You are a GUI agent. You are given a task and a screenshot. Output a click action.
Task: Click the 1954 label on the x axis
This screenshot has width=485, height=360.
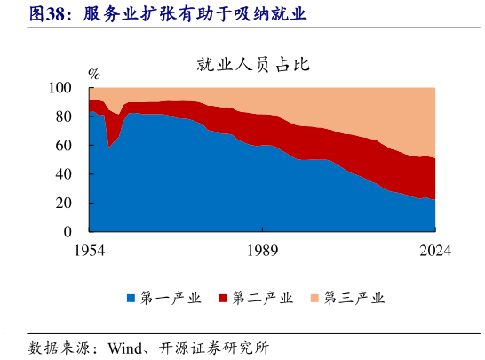click(x=90, y=251)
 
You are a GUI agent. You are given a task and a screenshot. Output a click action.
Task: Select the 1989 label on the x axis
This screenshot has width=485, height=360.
click(x=262, y=251)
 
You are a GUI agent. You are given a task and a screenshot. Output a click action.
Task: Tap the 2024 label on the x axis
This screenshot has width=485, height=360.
click(x=434, y=251)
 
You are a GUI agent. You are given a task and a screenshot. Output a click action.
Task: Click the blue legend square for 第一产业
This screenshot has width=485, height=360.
click(x=131, y=298)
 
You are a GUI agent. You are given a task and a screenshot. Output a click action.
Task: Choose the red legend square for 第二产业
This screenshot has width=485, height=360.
click(x=223, y=298)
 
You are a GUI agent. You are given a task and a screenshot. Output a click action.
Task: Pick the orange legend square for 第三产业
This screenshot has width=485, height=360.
click(x=314, y=298)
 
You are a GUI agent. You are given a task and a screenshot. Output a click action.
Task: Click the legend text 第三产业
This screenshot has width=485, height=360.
click(x=354, y=298)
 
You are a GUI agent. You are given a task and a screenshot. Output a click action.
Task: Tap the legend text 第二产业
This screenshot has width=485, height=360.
click(x=263, y=298)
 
